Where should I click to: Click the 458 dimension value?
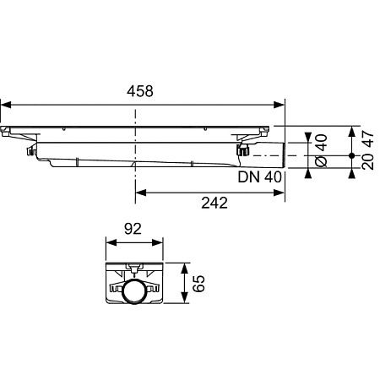coord(140,91)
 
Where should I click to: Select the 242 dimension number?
coord(214,203)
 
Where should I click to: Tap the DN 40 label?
coord(259,177)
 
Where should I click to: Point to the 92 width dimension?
coord(133,229)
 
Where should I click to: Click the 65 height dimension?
coord(199,284)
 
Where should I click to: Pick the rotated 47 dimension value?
coord(367,138)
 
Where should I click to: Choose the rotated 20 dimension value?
coord(367,161)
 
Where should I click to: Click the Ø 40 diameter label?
coord(322,150)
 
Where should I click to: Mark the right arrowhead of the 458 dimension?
coord(279,105)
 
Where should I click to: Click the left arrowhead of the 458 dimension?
coord(6,105)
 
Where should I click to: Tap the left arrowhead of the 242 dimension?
coord(141,193)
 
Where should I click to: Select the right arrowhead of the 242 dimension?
coord(279,193)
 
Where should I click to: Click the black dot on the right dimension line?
coord(351,155)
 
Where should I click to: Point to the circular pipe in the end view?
coord(133,292)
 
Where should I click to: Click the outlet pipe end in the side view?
coord(284,155)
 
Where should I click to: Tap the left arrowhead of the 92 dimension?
coord(111,242)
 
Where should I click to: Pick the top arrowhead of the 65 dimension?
coord(184,269)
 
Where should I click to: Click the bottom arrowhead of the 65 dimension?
coord(184,298)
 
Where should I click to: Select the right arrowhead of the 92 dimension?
coord(158,242)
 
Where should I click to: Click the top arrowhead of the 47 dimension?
coord(351,132)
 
